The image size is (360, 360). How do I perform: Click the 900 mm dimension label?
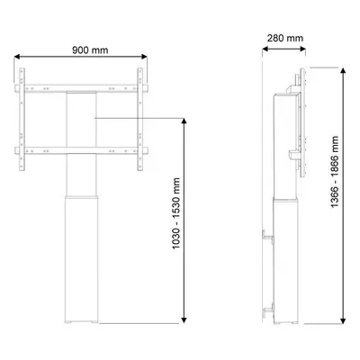(x=90, y=49)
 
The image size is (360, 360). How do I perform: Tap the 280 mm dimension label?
(x=285, y=38)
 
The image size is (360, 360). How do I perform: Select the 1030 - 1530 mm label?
(x=176, y=213)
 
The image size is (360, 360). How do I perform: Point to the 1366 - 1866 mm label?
(x=335, y=172)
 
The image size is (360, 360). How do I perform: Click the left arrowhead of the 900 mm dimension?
(x=17, y=57)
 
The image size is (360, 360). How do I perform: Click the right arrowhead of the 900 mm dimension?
(x=144, y=57)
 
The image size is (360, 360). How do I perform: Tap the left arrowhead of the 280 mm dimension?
(x=265, y=49)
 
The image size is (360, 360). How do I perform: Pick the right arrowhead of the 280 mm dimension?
(x=303, y=49)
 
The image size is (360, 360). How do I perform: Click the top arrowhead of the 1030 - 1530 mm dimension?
(x=184, y=121)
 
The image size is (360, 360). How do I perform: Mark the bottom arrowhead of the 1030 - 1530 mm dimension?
(x=184, y=320)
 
